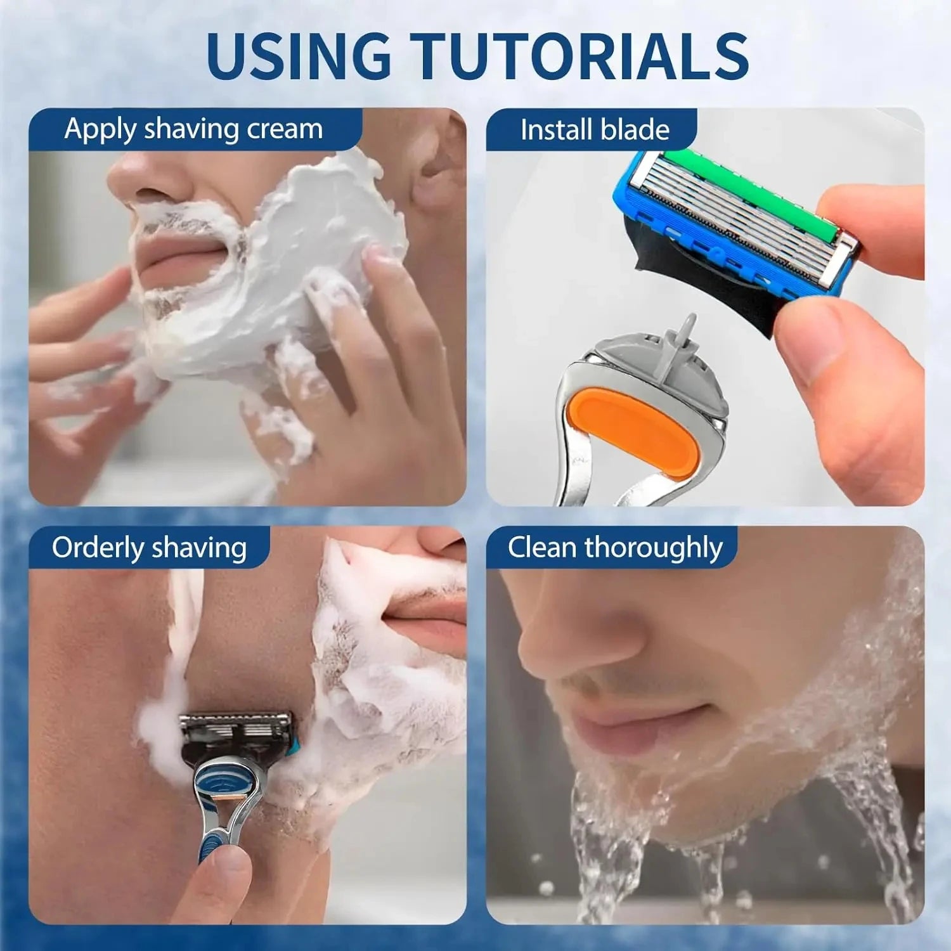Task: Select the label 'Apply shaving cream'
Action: (193, 129)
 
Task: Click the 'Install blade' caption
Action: (595, 130)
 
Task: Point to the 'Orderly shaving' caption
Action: (149, 548)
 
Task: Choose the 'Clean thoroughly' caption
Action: (615, 548)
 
